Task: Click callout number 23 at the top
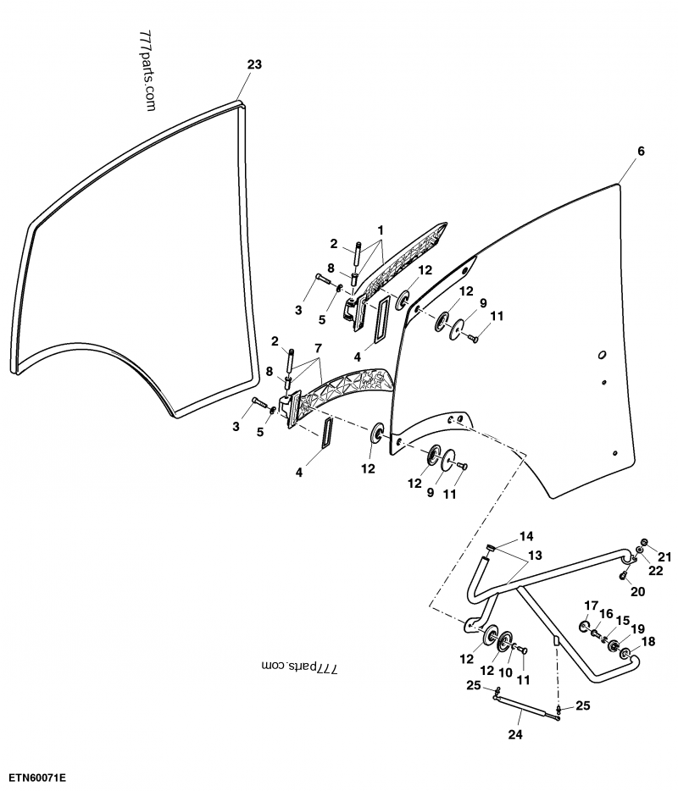coord(255,64)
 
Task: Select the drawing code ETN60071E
coord(38,777)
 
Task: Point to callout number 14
coord(526,536)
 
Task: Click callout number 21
coord(664,556)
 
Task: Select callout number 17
coord(592,604)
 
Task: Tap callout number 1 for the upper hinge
coord(381,230)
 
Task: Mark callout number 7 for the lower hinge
coord(318,348)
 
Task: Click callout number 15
coord(623,620)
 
